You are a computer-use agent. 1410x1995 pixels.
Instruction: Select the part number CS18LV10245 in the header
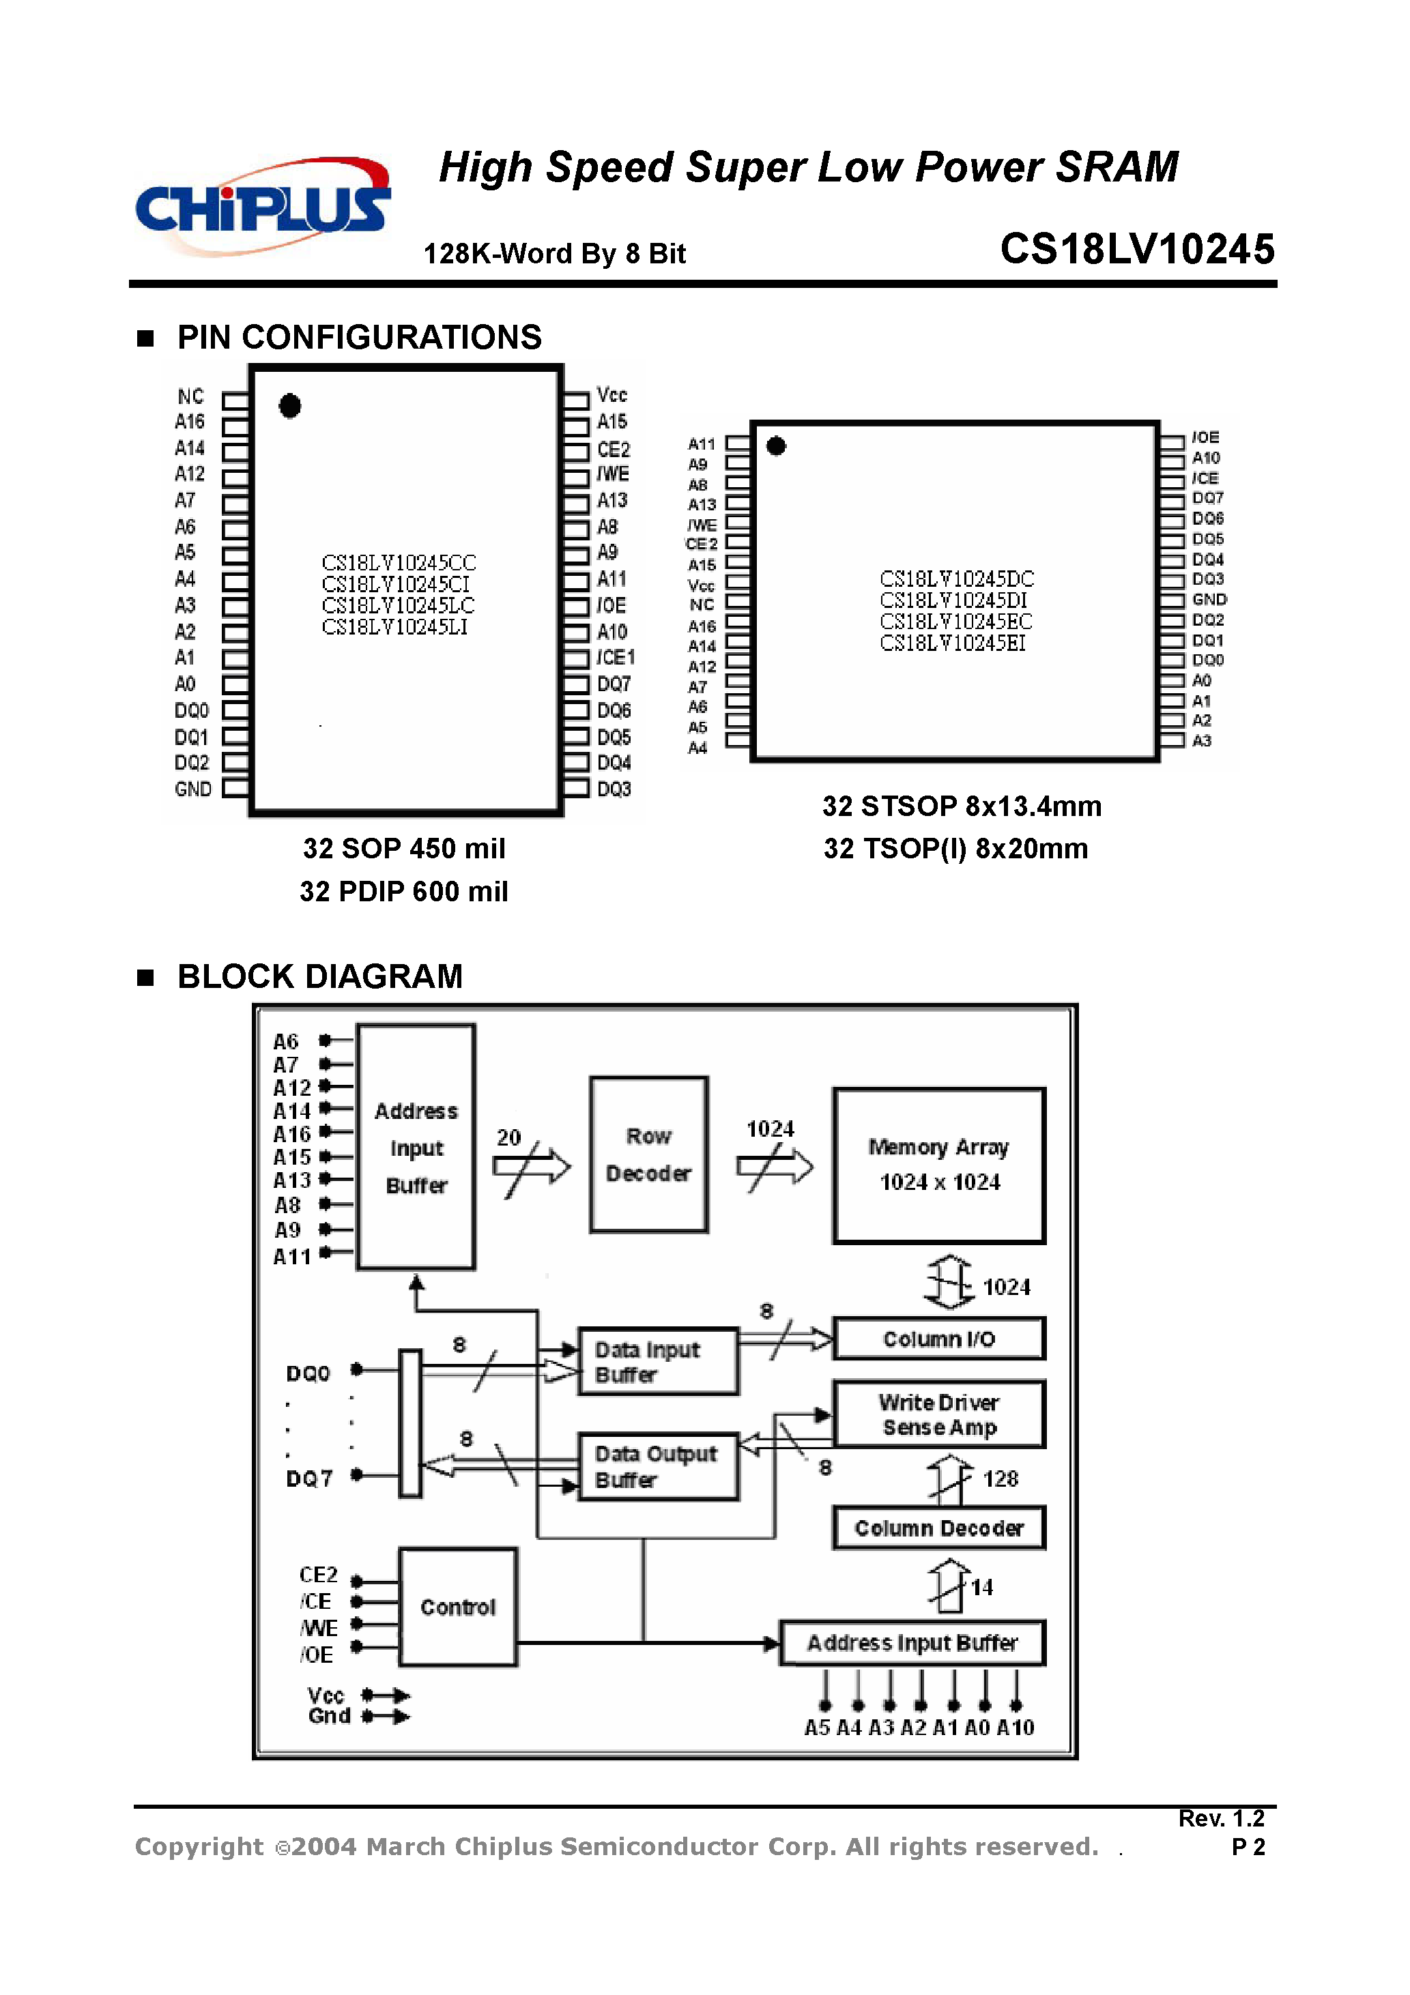point(1137,250)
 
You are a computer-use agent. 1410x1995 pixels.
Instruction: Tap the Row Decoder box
point(648,1154)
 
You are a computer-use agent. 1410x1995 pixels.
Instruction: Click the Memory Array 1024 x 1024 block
point(939,1165)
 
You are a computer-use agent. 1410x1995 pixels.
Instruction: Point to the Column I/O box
point(939,1339)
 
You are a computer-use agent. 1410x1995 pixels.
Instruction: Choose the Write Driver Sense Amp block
point(939,1414)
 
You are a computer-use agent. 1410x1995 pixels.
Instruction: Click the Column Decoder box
point(939,1528)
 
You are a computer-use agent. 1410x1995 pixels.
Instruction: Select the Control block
point(458,1607)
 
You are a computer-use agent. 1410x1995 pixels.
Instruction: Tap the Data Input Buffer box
point(658,1362)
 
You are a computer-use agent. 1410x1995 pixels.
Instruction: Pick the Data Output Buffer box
point(658,1467)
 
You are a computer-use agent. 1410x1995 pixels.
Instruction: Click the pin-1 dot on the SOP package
point(290,406)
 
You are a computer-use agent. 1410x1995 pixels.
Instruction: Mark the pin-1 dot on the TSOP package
point(776,446)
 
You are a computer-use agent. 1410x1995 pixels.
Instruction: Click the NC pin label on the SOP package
point(190,397)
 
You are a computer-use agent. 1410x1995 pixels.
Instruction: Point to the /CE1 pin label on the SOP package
point(616,658)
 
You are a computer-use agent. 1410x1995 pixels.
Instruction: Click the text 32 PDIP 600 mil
point(404,892)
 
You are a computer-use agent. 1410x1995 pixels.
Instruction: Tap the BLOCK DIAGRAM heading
point(320,976)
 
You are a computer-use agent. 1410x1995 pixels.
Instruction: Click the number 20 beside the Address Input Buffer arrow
point(508,1137)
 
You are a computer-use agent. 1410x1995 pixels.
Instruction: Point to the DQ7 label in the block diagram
point(309,1479)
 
